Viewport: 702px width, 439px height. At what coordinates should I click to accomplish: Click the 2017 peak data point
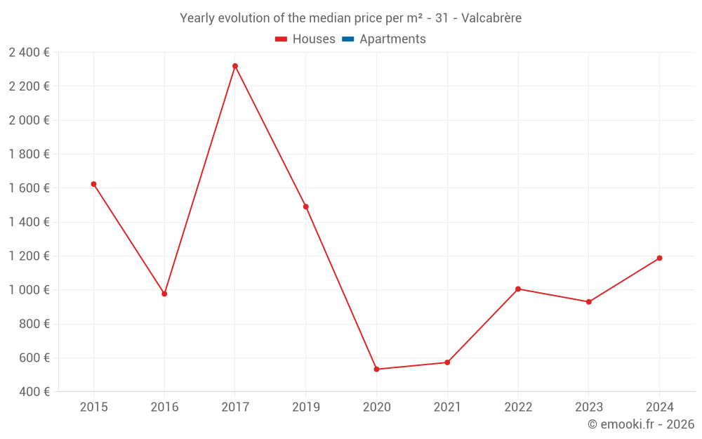point(235,66)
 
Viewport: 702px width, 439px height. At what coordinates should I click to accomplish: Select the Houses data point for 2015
point(93,184)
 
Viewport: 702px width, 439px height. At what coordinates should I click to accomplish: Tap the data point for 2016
point(164,294)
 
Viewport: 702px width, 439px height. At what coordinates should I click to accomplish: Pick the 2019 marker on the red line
point(306,207)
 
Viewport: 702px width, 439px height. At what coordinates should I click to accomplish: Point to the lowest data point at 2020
point(377,369)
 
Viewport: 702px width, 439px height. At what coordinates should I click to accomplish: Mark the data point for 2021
point(447,362)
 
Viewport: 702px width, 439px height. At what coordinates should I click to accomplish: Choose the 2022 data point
point(518,289)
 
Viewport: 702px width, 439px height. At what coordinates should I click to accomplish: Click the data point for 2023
point(589,302)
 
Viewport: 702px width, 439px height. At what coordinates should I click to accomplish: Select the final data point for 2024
point(659,258)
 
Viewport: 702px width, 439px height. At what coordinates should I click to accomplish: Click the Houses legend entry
point(305,39)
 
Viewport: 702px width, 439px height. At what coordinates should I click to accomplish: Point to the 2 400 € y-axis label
point(29,53)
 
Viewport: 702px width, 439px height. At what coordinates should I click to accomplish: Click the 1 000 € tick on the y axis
point(29,290)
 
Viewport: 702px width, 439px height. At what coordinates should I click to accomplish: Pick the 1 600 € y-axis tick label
point(29,188)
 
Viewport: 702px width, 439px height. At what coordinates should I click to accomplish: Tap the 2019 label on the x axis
point(306,407)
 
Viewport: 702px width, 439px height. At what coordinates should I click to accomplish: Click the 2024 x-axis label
point(659,407)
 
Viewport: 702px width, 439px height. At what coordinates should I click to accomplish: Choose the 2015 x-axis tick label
point(93,407)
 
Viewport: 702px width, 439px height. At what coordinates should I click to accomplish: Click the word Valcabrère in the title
point(492,18)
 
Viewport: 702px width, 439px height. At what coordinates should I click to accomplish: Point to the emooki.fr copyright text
point(641,424)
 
